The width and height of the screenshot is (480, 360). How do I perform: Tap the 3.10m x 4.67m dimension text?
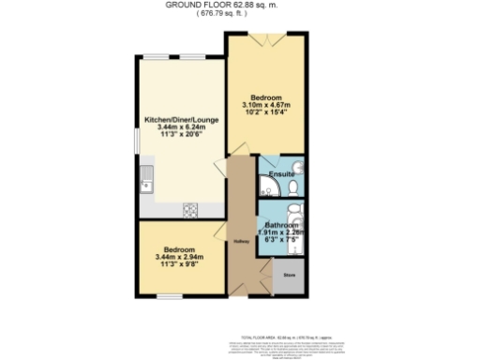[x=266, y=104]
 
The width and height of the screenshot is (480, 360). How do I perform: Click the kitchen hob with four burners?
[x=189, y=208]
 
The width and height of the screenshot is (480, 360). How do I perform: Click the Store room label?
[x=289, y=276]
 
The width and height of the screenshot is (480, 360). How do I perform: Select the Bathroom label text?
[x=281, y=226]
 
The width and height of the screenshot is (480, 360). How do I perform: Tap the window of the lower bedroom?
[x=169, y=296]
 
